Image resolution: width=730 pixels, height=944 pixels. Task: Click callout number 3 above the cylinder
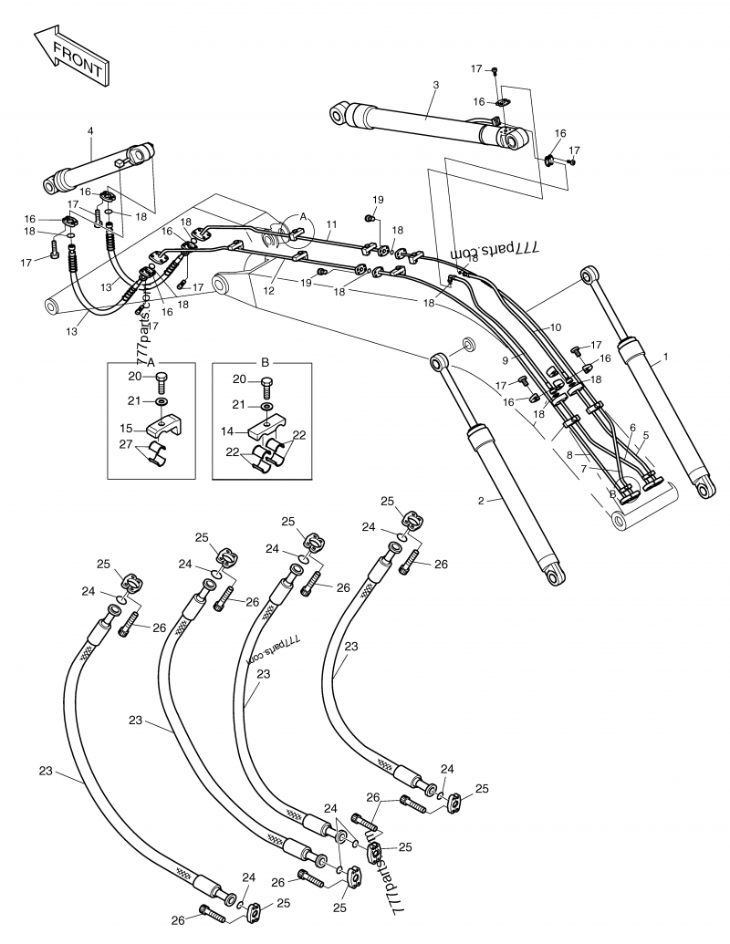[x=435, y=85]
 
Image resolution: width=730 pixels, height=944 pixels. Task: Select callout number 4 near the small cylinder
[x=90, y=131]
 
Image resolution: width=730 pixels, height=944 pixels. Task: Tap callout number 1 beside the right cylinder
[x=665, y=357]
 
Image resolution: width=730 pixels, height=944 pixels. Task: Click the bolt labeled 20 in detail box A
[x=162, y=379]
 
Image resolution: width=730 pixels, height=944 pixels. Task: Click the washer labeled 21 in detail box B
[x=266, y=405]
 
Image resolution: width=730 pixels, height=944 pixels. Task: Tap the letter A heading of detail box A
[x=151, y=361]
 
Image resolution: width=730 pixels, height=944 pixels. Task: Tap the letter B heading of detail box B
[x=266, y=361]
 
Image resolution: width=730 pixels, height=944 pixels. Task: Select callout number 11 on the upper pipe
[x=330, y=223]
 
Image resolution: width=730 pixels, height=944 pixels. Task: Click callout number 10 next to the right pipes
[x=556, y=327]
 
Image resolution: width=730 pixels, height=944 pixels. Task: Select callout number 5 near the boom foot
[x=645, y=435]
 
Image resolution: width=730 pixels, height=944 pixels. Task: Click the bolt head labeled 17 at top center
[x=494, y=70]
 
